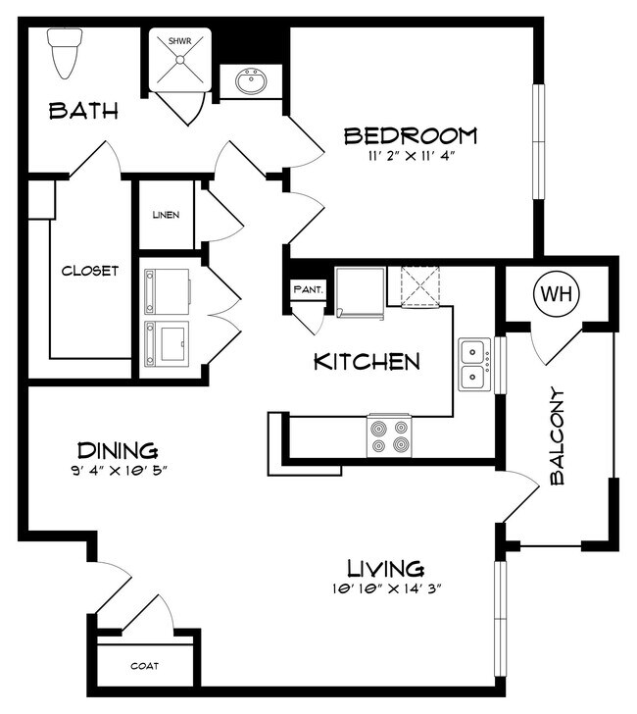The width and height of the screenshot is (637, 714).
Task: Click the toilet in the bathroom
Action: click(x=65, y=53)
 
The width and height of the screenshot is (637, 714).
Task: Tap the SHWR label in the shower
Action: click(x=179, y=41)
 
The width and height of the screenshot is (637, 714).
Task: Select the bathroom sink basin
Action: click(x=251, y=81)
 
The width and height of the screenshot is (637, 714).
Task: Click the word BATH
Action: click(x=83, y=111)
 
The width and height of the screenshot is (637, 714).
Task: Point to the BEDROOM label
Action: click(x=411, y=135)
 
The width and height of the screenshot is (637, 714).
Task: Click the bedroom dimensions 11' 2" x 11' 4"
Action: click(x=412, y=156)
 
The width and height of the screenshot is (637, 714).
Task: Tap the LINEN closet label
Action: click(x=166, y=215)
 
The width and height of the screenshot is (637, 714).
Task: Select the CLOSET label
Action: click(x=90, y=271)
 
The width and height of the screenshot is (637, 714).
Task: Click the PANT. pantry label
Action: click(x=309, y=288)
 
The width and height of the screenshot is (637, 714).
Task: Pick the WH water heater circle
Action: click(x=557, y=294)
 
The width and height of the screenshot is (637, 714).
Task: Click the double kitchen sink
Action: click(x=474, y=364)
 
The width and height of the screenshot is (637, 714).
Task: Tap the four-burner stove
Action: click(x=389, y=435)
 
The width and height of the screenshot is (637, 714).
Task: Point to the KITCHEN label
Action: click(x=367, y=362)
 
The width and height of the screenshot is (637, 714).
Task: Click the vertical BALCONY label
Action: click(x=557, y=436)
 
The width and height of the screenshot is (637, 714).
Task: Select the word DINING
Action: click(x=118, y=450)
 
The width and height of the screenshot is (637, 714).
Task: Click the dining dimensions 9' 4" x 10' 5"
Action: click(x=118, y=471)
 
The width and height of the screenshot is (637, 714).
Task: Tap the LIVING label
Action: click(x=386, y=568)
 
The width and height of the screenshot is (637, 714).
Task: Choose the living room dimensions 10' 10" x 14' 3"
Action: click(x=387, y=588)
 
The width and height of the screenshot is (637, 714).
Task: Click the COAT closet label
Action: click(x=145, y=666)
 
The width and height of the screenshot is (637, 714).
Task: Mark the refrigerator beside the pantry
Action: click(x=360, y=292)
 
